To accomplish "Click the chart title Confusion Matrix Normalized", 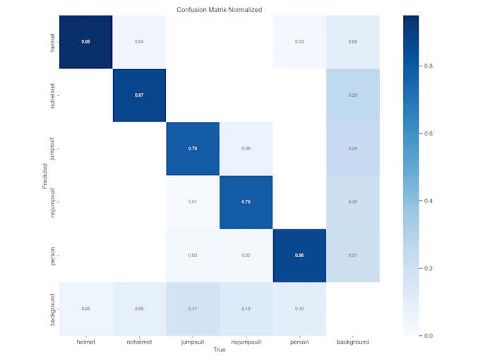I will pos(219,9).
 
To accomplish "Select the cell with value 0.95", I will pos(85,42).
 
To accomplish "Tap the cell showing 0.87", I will pos(139,95).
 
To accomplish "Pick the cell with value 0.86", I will pos(299,256).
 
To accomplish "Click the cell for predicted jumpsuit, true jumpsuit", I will pos(193,149).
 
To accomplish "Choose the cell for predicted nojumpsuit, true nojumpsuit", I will pos(246,203).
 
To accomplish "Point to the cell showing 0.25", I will pos(353,95).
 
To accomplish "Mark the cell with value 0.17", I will pos(193,309).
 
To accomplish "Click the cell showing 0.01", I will pos(193,203).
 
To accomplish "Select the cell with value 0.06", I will pos(246,149).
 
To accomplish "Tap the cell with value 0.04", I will pos(139,42).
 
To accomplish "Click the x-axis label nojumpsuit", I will pos(246,342).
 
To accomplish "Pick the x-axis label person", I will pos(299,342).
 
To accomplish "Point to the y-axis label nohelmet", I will pos(51,95).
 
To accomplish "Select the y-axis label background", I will pos(51,309).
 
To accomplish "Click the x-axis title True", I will pos(219,350).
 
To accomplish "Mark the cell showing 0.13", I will pos(246,309).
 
